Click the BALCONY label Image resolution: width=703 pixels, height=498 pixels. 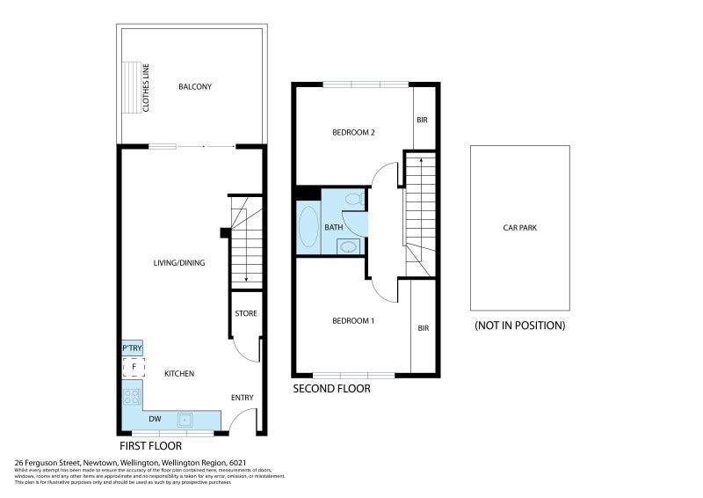(x=195, y=86)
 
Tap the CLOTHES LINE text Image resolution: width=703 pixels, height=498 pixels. (x=146, y=86)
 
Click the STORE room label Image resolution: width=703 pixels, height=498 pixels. (x=245, y=312)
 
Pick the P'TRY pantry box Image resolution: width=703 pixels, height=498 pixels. (x=132, y=348)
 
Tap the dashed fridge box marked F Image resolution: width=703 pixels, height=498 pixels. (x=133, y=367)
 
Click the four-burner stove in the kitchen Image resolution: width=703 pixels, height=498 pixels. (x=132, y=396)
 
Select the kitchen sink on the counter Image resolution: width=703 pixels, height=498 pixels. (x=186, y=419)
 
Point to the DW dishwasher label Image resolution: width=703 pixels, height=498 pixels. (x=154, y=420)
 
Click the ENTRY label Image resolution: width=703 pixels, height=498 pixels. (x=242, y=398)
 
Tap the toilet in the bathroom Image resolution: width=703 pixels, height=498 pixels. (x=353, y=201)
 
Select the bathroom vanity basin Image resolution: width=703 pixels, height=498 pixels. (x=349, y=246)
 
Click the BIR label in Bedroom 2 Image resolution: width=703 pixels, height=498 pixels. (x=422, y=120)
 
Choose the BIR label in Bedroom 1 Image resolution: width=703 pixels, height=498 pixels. (x=423, y=328)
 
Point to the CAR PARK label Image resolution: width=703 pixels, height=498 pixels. (x=519, y=227)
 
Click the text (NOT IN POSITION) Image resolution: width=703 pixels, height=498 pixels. (x=519, y=325)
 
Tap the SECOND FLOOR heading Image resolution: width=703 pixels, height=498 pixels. (x=331, y=388)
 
